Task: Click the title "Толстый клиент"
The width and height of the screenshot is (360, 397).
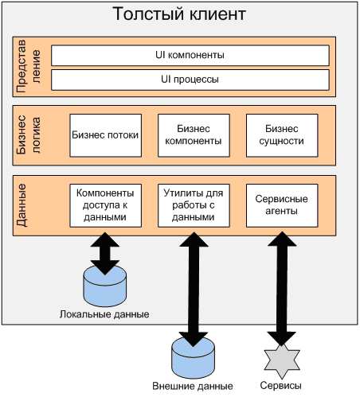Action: pos(179,14)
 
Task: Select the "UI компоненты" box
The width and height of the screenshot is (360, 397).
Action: pos(190,56)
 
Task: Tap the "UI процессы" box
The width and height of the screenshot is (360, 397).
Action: pos(190,80)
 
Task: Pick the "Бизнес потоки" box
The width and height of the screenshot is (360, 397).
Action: pos(105,135)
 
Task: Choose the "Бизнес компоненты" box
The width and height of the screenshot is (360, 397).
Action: pos(194,135)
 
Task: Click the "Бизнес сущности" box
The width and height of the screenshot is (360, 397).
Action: pos(282,135)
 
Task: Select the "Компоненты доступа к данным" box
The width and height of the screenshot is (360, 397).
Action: pos(105,205)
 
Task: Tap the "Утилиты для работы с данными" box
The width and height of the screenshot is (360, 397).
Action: pos(194,205)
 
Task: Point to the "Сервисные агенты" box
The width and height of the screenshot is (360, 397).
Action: pos(282,205)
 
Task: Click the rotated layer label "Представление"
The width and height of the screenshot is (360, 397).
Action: pos(29,67)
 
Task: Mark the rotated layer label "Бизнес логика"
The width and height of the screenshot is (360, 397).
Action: pos(29,134)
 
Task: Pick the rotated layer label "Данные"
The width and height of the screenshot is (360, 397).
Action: pos(22,205)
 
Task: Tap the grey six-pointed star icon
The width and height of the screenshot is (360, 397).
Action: pos(282,361)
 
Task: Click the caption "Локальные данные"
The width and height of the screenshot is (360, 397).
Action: pos(104,314)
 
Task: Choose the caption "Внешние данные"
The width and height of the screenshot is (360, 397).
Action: pos(193,386)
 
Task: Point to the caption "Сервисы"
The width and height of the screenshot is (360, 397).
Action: pos(280,386)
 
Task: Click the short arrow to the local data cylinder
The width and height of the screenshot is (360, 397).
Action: pos(105,254)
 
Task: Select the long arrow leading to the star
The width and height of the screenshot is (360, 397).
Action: pos(282,289)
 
